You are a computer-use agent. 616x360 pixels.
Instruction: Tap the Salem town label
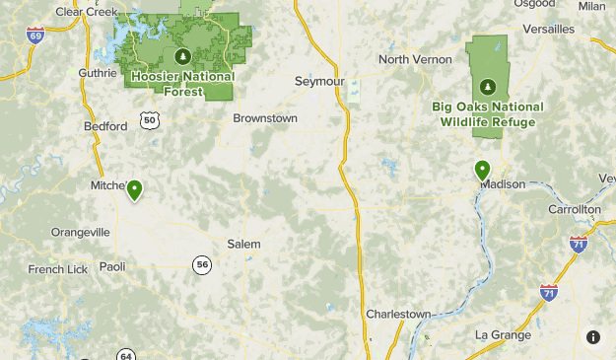pyautogui.click(x=243, y=244)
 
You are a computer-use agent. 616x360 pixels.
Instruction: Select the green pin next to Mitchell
pyautogui.click(x=134, y=189)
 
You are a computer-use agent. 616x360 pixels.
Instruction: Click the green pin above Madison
pyautogui.click(x=482, y=170)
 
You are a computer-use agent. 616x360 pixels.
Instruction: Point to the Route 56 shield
pyautogui.click(x=202, y=264)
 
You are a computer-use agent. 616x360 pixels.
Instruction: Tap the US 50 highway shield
pyautogui.click(x=149, y=119)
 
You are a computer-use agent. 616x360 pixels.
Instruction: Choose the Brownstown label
pyautogui.click(x=265, y=118)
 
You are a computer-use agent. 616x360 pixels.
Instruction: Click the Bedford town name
pyautogui.click(x=106, y=126)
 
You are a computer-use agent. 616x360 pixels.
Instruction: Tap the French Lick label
pyautogui.click(x=58, y=269)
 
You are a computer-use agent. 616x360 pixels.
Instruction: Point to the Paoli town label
pyautogui.click(x=112, y=266)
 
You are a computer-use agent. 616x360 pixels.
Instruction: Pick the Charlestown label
pyautogui.click(x=398, y=314)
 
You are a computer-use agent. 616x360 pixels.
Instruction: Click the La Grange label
pyautogui.click(x=503, y=334)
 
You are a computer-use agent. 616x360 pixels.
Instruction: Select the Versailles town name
pyautogui.click(x=548, y=30)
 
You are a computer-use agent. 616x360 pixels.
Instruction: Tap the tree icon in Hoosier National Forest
pyautogui.click(x=180, y=57)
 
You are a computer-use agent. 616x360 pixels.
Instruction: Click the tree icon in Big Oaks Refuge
pyautogui.click(x=484, y=87)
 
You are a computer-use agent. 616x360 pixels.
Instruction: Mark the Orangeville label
pyautogui.click(x=81, y=232)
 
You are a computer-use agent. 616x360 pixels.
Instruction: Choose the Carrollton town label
pyautogui.click(x=575, y=210)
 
